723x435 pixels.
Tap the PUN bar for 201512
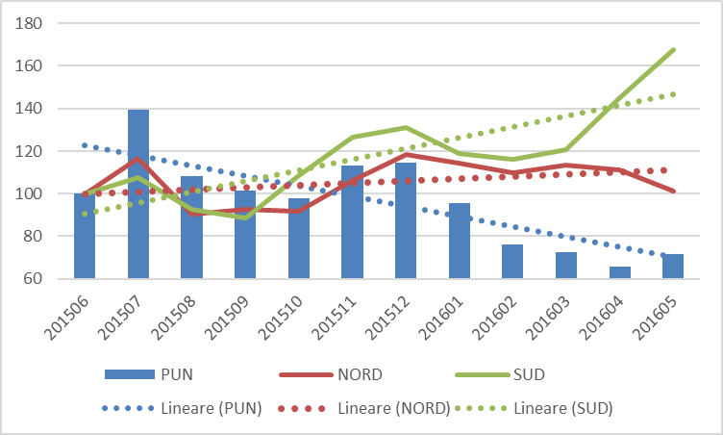point(407,221)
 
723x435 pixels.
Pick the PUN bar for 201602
point(512,262)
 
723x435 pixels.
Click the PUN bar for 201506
point(85,237)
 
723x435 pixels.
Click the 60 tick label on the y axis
point(36,279)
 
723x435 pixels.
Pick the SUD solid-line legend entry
point(489,372)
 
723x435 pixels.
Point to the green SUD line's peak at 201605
point(674,49)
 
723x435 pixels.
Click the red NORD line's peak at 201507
point(138,159)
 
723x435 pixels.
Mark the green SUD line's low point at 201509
point(246,217)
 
